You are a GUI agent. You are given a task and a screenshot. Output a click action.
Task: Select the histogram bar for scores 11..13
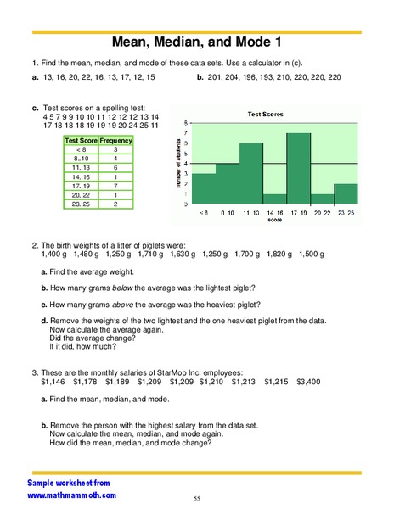250,175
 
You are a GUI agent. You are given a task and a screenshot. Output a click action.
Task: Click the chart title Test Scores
266,114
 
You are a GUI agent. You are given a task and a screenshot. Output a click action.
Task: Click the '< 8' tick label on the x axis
204,212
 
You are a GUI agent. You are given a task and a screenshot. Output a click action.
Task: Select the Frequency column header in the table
115,140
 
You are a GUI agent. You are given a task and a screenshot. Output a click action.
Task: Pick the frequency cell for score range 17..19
115,185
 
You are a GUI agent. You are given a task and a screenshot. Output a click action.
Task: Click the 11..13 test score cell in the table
82,167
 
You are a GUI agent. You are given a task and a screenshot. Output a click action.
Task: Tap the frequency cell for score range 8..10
115,159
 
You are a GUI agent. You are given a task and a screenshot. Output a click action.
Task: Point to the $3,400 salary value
308,383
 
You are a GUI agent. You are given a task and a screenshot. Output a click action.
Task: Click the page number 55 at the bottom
196,498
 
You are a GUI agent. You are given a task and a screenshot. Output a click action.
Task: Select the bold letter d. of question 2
43,320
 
